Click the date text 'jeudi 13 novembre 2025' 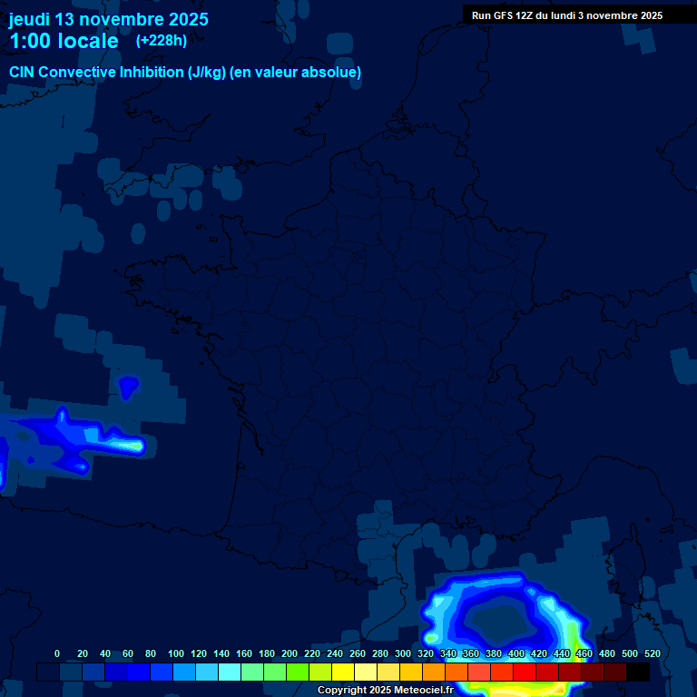108,19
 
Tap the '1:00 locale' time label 64,41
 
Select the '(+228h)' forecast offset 162,40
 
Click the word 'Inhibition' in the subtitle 150,72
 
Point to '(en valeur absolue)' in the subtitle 295,72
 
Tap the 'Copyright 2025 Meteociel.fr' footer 385,690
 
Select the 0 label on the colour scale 57,653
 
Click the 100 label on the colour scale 176,653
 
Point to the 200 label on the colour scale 290,653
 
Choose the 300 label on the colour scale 403,653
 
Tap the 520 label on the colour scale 652,653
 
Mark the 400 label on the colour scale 516,653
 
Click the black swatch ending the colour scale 638,672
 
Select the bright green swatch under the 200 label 298,672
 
